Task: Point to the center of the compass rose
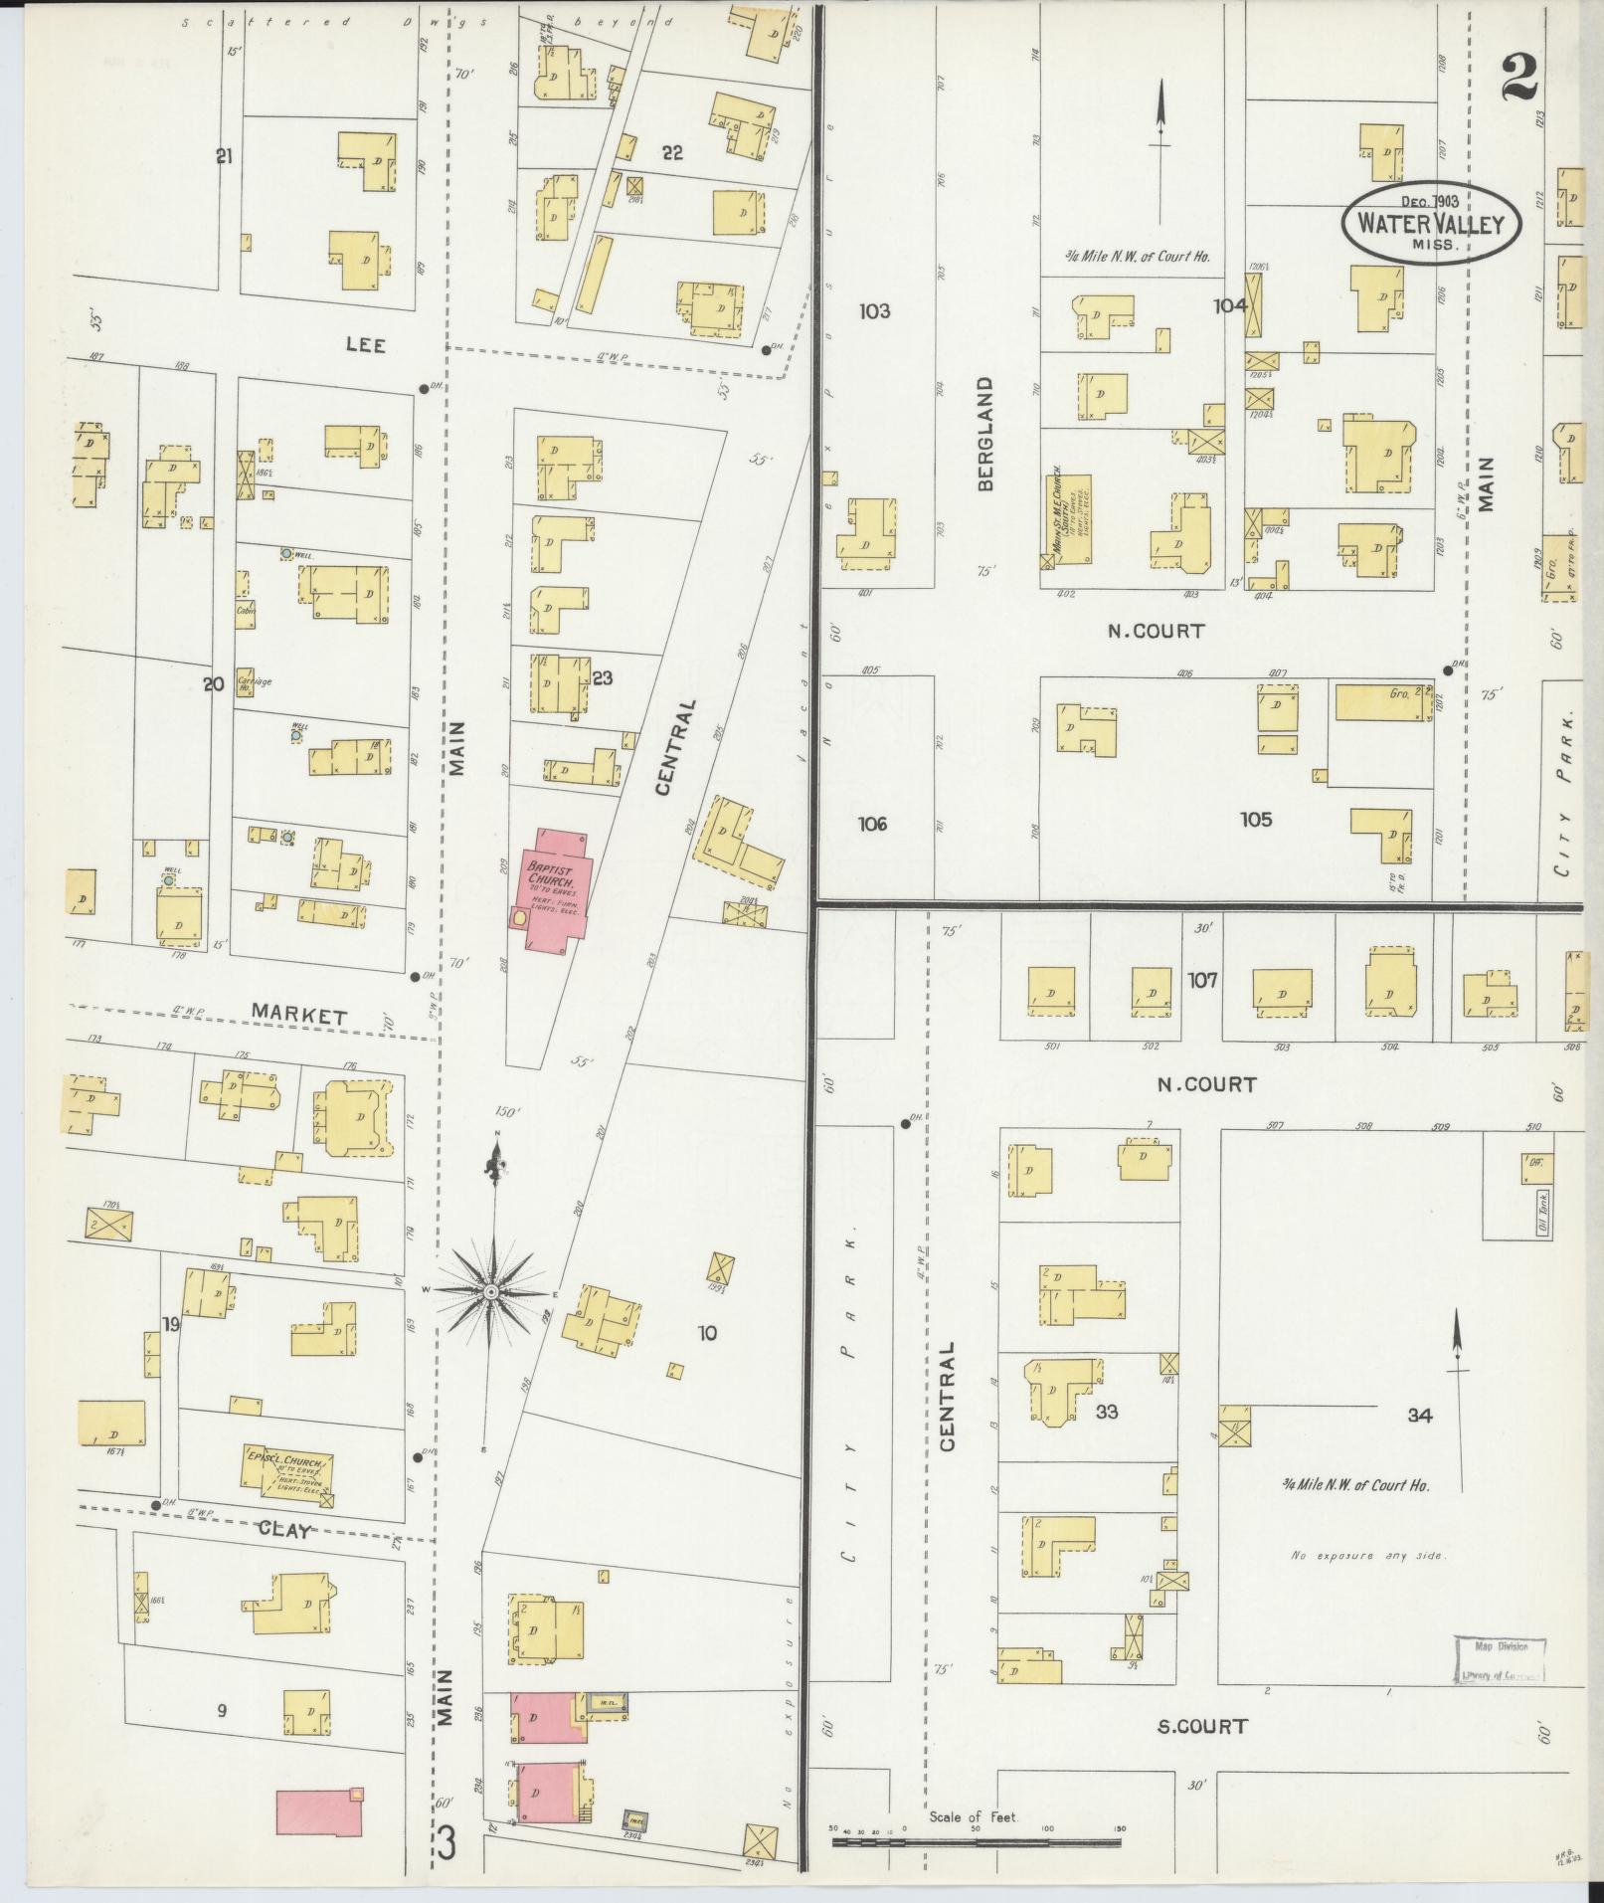pyautogui.click(x=491, y=1292)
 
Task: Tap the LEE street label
pyautogui.click(x=365, y=344)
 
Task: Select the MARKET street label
pyautogui.click(x=298, y=1016)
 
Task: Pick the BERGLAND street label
pyautogui.click(x=985, y=433)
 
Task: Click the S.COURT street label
pyautogui.click(x=1201, y=1726)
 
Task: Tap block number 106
pyautogui.click(x=872, y=824)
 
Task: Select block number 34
pyautogui.click(x=1420, y=1416)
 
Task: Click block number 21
pyautogui.click(x=224, y=155)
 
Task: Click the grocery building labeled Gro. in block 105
pyautogui.click(x=1383, y=702)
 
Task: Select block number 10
pyautogui.click(x=707, y=1333)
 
